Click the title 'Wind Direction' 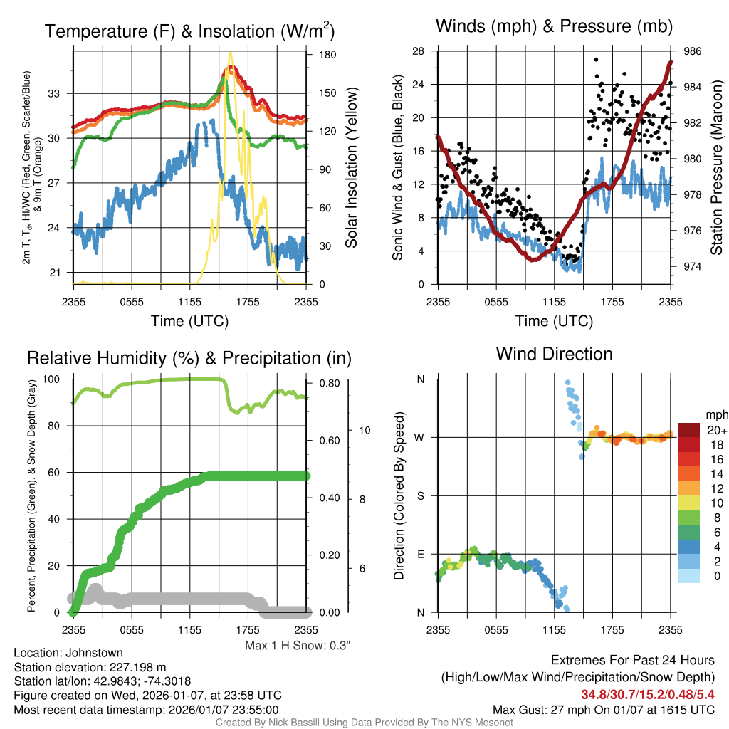point(554,354)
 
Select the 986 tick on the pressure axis point(692,51)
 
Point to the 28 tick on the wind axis point(419,51)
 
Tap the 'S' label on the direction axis point(420,495)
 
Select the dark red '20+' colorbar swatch point(691,430)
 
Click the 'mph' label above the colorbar point(713,414)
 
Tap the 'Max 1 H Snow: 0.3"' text point(298,645)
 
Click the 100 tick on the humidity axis point(55,379)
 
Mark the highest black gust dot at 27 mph point(595,60)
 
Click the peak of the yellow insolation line point(229,53)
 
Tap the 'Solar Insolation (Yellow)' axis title point(351,167)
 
